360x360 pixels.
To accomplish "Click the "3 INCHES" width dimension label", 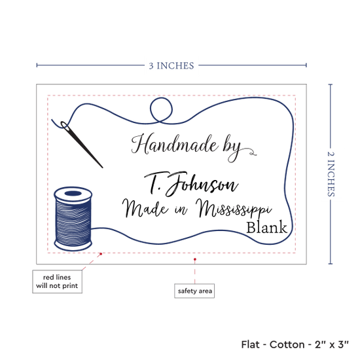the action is pos(171,66).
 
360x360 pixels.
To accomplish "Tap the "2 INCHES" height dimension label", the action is pos(331,174).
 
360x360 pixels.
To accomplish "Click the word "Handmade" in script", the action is pos(175,144).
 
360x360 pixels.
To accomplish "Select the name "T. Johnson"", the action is pos(191,184).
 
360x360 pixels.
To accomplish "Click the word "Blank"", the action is pos(266,228).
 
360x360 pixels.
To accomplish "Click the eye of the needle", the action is pos(65,126).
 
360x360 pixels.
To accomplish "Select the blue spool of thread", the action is pos(73,219).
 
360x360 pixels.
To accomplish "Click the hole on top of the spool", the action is pos(73,193).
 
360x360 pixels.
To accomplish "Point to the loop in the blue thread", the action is pos(161,109).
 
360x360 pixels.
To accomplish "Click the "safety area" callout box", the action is pos(194,291).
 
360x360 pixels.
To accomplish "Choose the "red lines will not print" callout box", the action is pos(57,281).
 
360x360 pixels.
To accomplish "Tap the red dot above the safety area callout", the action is pos(194,259).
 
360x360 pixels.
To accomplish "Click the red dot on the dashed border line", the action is pos(101,254).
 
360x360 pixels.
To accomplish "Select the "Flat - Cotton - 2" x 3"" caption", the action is pos(295,344).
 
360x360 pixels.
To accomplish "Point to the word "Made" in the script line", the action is pos(145,208).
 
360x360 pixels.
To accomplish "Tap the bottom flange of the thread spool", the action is pos(73,245).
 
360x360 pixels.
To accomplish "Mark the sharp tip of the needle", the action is pos(102,168).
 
